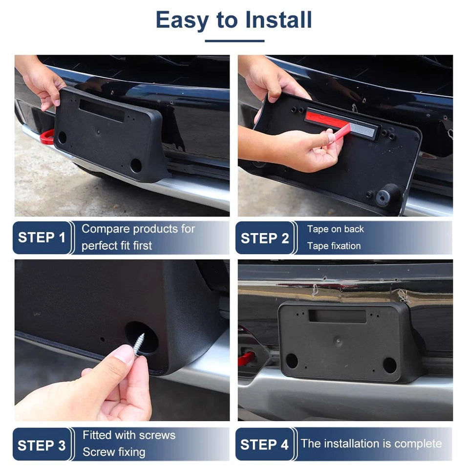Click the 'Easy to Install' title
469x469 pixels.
click(234, 20)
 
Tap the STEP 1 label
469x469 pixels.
click(42, 237)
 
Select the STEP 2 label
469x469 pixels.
click(265, 238)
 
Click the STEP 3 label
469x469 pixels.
click(42, 446)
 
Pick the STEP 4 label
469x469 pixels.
click(264, 445)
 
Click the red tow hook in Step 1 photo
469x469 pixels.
click(47, 137)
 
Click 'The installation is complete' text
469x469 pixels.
click(371, 444)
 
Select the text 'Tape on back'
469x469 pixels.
click(335, 229)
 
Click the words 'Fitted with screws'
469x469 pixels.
click(129, 435)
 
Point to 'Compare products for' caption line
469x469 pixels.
click(138, 229)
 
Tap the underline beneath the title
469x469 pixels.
click(234, 41)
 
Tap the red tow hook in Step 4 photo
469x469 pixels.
click(246, 358)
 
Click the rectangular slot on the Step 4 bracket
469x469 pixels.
click(337, 316)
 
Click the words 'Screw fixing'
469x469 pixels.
click(114, 452)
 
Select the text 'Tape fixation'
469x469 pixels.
click(334, 246)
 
